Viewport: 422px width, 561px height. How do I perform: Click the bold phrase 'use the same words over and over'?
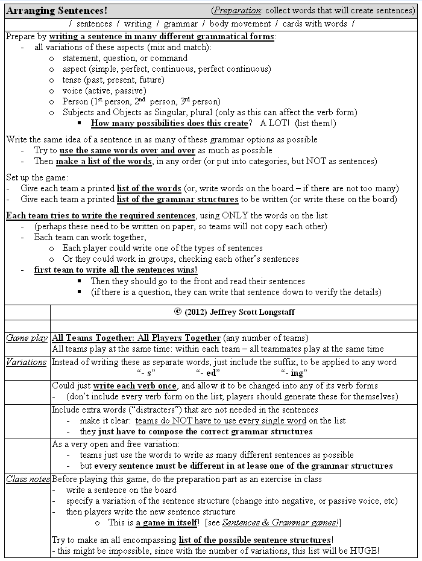tap(126, 150)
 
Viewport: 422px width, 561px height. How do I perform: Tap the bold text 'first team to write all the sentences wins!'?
tap(116, 270)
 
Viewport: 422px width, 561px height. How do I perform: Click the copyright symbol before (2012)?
tap(177, 312)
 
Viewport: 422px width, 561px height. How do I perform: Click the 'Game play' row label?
tap(27, 338)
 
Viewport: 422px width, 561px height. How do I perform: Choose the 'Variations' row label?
tap(27, 362)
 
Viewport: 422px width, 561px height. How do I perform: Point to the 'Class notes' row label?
tap(27, 480)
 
